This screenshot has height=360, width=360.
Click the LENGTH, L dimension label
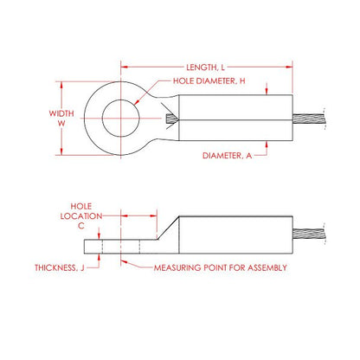click(x=208, y=67)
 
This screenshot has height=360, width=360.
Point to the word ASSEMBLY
click(x=263, y=268)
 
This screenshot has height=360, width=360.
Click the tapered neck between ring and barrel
click(x=166, y=119)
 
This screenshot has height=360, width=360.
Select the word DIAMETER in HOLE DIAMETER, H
click(x=215, y=81)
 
